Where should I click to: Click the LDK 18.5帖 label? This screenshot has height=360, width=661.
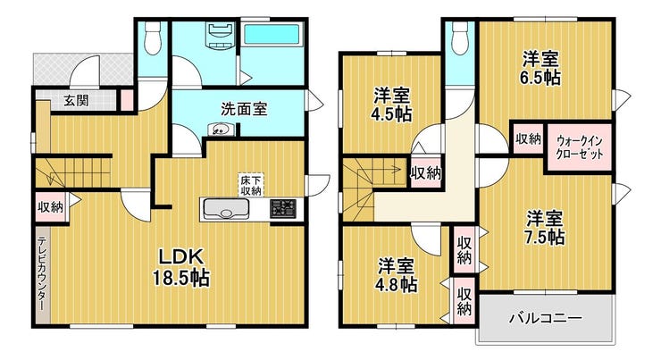pyautogui.click(x=180, y=266)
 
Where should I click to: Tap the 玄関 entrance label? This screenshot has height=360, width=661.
pyautogui.click(x=76, y=100)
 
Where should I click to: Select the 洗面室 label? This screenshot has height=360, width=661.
pyautogui.click(x=244, y=109)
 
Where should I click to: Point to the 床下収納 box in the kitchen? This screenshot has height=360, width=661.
pyautogui.click(x=251, y=185)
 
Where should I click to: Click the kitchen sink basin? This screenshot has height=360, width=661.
pyautogui.click(x=225, y=209)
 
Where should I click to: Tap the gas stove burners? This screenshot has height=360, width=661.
pyautogui.click(x=283, y=209)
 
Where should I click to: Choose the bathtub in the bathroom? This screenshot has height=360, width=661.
pyautogui.click(x=272, y=33)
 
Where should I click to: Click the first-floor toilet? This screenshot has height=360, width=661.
pyautogui.click(x=152, y=38)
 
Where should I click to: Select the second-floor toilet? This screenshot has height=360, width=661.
pyautogui.click(x=460, y=38)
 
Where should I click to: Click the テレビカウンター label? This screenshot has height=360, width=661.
pyautogui.click(x=42, y=273)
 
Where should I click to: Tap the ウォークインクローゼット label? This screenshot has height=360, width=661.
pyautogui.click(x=579, y=147)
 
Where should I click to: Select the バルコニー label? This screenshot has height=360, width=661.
pyautogui.click(x=546, y=317)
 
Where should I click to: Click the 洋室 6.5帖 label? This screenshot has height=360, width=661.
pyautogui.click(x=540, y=68)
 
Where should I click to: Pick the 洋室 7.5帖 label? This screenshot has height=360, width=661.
pyautogui.click(x=545, y=228)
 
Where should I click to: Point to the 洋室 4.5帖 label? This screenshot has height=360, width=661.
pyautogui.click(x=392, y=105)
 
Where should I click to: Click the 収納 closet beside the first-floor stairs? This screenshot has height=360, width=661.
pyautogui.click(x=51, y=206)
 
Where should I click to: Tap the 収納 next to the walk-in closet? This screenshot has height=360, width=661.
pyautogui.click(x=528, y=138)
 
